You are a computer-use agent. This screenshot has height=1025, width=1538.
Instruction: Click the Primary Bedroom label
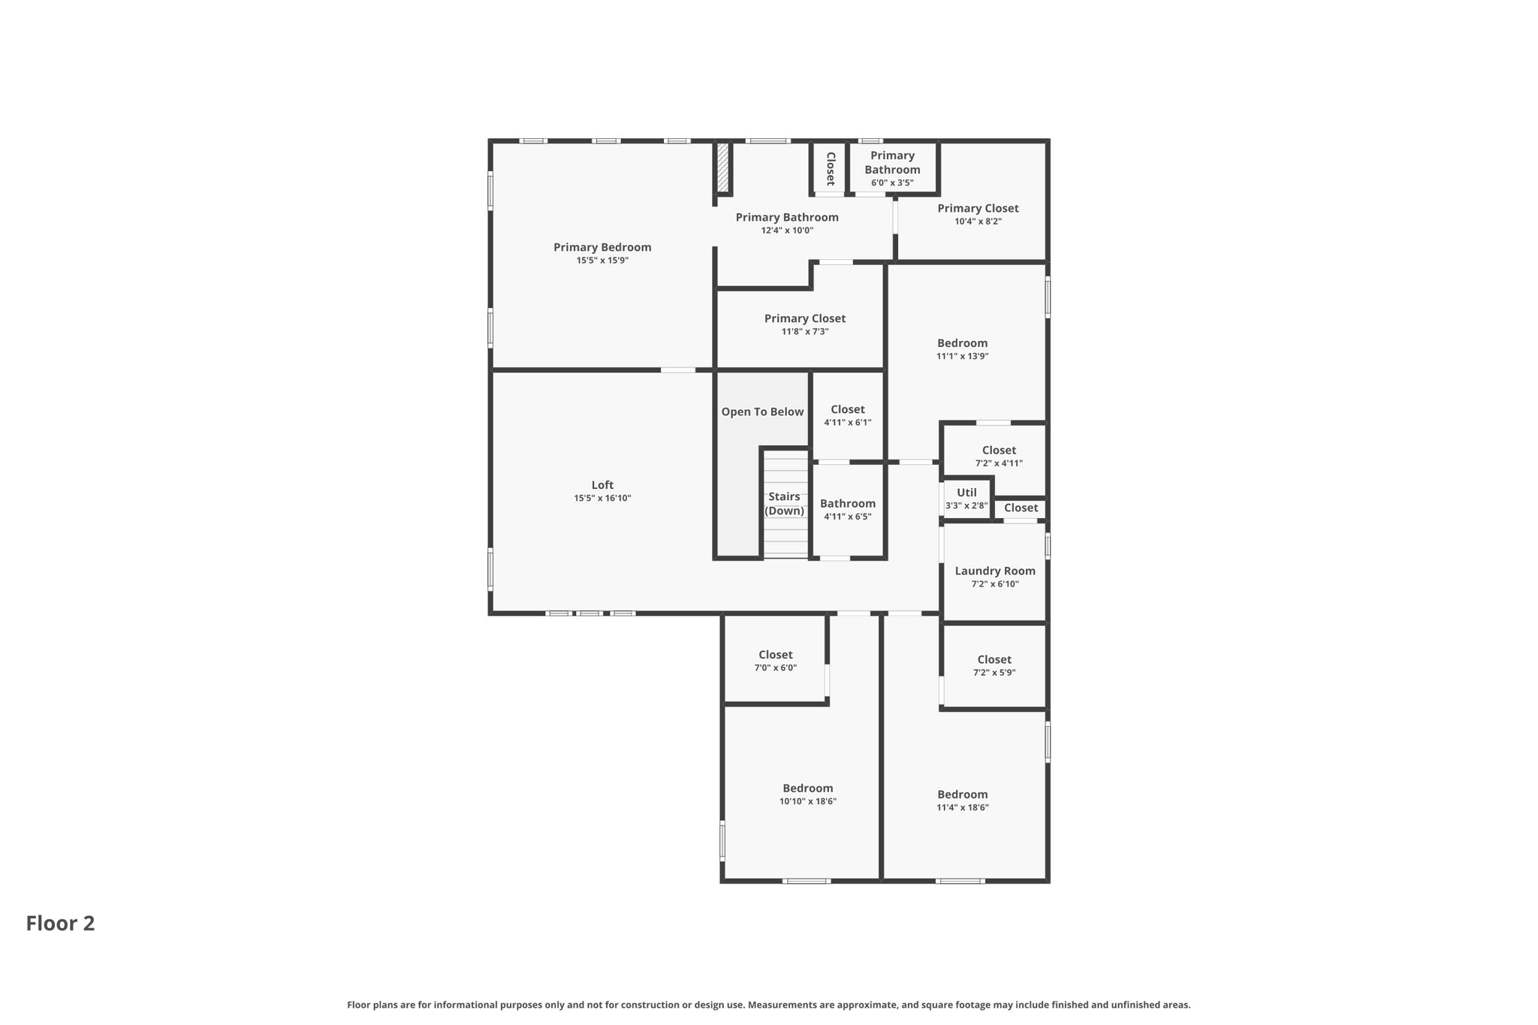point(602,247)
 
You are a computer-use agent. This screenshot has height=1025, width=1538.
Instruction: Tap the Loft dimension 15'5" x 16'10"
point(602,499)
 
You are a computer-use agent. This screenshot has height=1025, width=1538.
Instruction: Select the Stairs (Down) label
point(784,504)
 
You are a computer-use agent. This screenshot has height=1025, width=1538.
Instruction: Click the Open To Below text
point(762,412)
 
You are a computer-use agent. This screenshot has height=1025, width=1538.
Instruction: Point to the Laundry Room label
point(994,571)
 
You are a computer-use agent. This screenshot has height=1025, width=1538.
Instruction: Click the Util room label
point(967,493)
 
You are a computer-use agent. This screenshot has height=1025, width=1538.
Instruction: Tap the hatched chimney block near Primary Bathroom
point(722,167)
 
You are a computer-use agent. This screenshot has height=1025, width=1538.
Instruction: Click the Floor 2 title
point(60,923)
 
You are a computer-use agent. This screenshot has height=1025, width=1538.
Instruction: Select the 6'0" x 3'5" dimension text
point(892,183)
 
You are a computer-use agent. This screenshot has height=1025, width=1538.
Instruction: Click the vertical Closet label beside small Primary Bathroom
point(831,168)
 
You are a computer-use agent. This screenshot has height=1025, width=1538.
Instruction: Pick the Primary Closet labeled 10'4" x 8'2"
point(978,209)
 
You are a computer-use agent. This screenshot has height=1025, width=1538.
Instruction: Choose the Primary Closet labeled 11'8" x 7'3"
point(804,318)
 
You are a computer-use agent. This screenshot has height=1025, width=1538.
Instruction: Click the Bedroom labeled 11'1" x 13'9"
point(962,343)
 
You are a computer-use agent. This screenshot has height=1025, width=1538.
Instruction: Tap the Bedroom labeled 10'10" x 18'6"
point(807,788)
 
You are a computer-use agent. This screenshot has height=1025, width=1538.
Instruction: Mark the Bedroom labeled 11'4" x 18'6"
point(962,794)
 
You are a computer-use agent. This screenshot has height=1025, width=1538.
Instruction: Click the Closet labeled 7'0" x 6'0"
point(775,655)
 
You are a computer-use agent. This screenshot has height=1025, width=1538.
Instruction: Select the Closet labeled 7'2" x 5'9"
point(994,659)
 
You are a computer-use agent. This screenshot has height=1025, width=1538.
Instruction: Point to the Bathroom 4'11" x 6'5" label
point(847,504)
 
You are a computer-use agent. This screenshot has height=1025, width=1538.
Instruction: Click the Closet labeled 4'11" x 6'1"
point(847,409)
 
